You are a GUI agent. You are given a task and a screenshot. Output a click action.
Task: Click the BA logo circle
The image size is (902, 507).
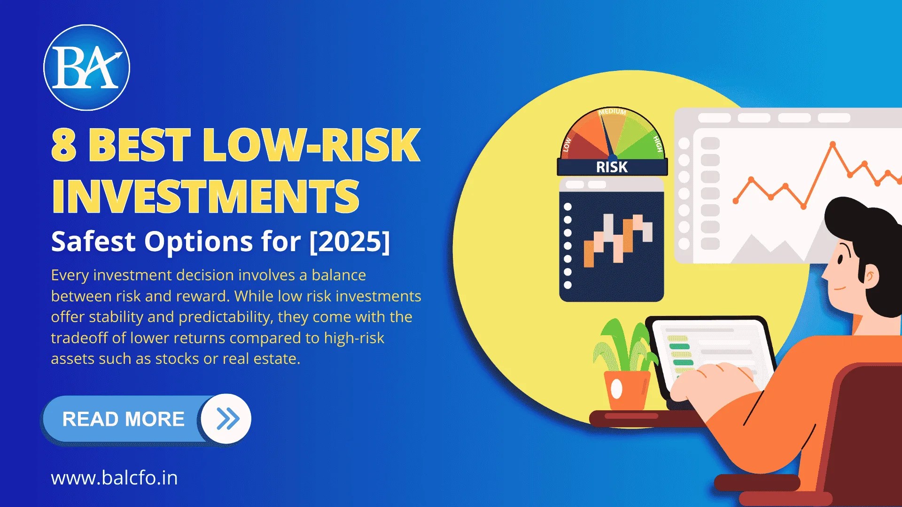click(86, 68)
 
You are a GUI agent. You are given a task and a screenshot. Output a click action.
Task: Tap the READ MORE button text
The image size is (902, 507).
click(123, 419)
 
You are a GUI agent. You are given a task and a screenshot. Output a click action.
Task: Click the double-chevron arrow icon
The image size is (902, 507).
click(227, 419)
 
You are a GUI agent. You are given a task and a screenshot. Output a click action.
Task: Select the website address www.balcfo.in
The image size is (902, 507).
click(114, 478)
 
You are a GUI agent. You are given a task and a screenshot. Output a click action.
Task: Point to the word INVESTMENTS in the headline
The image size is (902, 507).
click(205, 196)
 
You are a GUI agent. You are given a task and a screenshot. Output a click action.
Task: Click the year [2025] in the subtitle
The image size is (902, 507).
click(350, 241)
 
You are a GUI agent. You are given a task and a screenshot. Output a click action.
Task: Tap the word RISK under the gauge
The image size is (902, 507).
click(612, 167)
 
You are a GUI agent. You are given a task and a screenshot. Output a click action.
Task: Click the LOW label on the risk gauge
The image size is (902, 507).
click(567, 144)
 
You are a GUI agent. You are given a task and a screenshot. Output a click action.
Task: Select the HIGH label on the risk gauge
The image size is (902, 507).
click(658, 144)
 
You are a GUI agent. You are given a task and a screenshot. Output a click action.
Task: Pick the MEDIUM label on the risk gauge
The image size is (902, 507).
click(612, 112)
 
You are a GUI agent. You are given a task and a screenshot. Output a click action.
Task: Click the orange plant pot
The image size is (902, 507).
click(627, 390)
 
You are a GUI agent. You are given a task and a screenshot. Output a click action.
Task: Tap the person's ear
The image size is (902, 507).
click(870, 276)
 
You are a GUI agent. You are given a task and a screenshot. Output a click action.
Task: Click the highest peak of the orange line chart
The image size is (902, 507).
click(832, 144)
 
